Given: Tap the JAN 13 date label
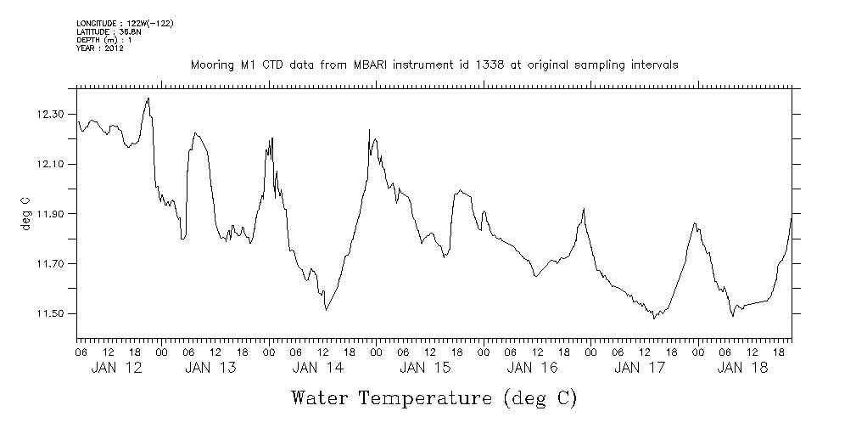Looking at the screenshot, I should point(210,368).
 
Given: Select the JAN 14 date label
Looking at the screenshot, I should point(317,368).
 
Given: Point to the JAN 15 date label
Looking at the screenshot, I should point(425,368).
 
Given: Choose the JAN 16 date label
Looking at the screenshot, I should point(532,368).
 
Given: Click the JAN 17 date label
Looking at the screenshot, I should point(639,368).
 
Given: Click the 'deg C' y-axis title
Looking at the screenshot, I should point(26,212).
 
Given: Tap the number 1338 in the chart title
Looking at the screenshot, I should point(475,65).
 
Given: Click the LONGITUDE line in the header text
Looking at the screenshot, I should point(125,23).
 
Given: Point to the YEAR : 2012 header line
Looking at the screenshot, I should point(100,48).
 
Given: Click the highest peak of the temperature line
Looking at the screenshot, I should point(148,99).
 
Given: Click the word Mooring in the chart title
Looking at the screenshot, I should point(210,65).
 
